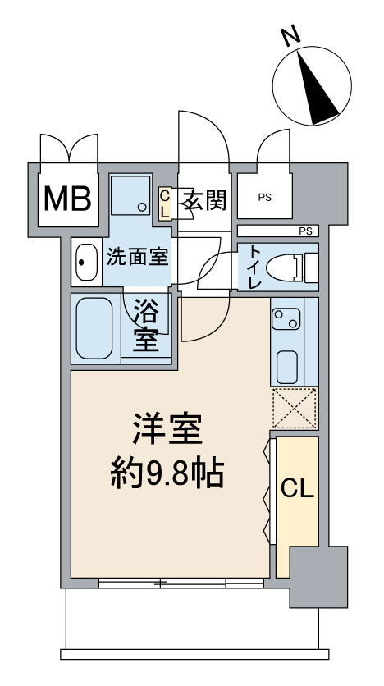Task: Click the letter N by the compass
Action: pos(289,35)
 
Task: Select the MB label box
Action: pos(67,199)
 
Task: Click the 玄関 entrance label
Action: pos(203,199)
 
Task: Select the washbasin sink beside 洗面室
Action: pos(85,263)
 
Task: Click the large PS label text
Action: pos(263,198)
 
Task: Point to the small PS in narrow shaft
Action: pos(306,231)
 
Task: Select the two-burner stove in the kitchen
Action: pos(287,318)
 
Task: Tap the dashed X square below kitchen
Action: pos(295,408)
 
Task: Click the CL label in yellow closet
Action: pos(297,489)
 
